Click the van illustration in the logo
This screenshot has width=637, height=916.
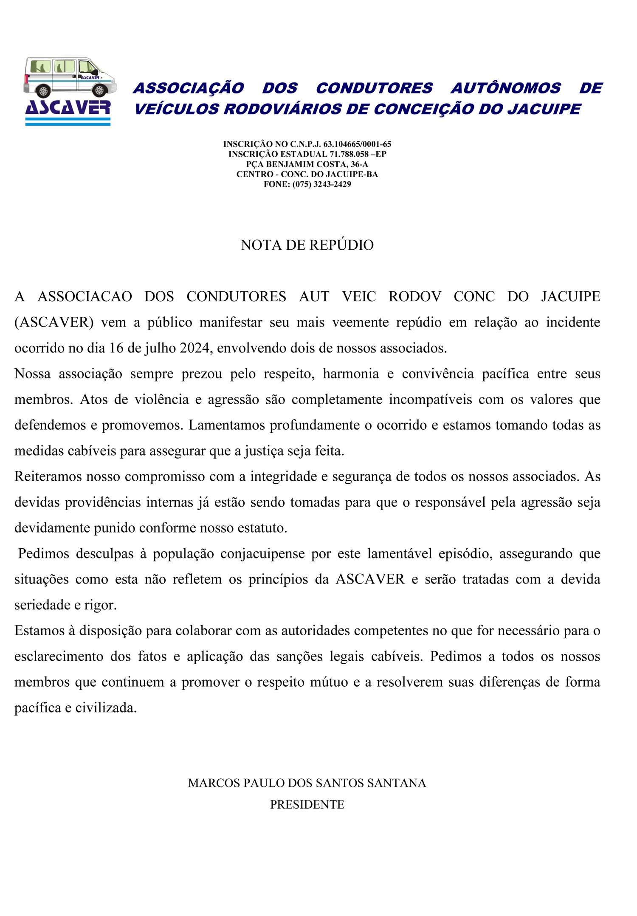click(70, 77)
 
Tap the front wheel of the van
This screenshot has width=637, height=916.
click(99, 90)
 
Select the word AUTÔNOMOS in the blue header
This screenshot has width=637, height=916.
click(505, 88)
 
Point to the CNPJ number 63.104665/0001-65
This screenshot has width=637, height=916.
click(357, 144)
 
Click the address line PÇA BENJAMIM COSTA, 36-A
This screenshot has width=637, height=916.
click(307, 164)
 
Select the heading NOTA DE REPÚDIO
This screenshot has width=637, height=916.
click(307, 245)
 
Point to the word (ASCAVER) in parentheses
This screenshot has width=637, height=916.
click(54, 322)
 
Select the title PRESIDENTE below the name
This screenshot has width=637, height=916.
click(307, 805)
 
